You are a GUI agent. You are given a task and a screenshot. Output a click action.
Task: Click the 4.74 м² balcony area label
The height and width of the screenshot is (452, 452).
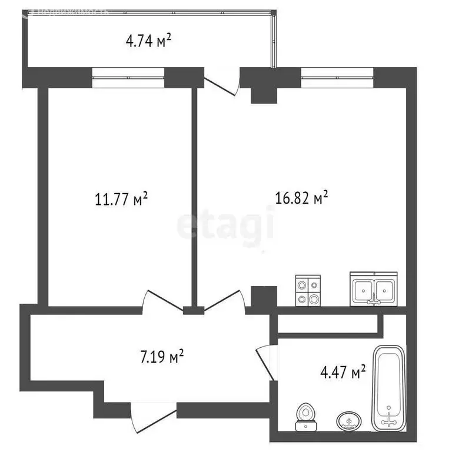click(x=148, y=41)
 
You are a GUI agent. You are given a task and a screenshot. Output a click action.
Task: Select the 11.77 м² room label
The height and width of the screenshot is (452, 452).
click(x=121, y=200)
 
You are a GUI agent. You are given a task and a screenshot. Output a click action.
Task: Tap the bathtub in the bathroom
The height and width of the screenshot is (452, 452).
click(x=389, y=386)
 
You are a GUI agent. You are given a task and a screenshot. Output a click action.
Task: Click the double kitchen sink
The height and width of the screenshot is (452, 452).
click(x=374, y=288)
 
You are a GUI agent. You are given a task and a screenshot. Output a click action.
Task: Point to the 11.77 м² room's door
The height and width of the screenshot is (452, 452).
click(x=162, y=300)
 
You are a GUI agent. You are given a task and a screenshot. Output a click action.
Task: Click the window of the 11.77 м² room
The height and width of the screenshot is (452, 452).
click(x=127, y=78)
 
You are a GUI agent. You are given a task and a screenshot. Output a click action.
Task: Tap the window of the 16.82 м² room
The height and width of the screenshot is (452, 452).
click(x=337, y=78)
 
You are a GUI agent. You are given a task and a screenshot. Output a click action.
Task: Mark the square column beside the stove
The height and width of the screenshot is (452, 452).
click(x=263, y=296)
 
